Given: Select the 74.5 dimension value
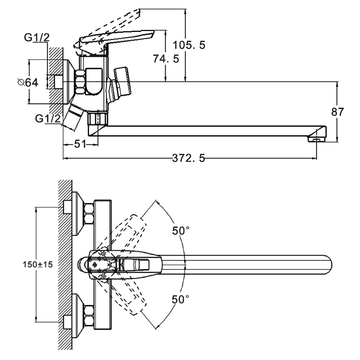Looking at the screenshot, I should pyautogui.click(x=179, y=58).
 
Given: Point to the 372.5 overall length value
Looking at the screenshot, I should pyautogui.click(x=189, y=158).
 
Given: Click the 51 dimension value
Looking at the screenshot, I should pyautogui.click(x=80, y=144).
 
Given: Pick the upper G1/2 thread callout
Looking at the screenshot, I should pyautogui.click(x=37, y=39).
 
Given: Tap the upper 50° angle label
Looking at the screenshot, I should pyautogui.click(x=181, y=231).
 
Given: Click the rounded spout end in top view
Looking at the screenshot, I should pyautogui.click(x=326, y=264).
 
